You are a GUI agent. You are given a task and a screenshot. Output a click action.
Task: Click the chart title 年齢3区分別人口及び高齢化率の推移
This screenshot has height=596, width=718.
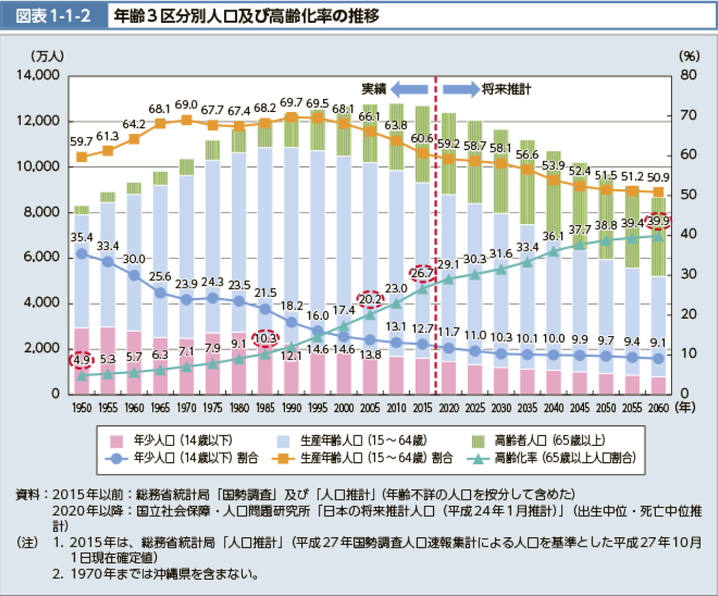click(x=246, y=16)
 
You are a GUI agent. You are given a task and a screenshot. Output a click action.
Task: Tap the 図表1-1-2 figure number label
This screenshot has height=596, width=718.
click(x=54, y=16)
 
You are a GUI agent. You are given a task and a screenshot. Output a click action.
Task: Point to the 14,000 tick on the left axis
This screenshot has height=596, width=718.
click(x=39, y=76)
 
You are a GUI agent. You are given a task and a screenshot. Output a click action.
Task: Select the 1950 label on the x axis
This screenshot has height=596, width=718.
click(x=82, y=408)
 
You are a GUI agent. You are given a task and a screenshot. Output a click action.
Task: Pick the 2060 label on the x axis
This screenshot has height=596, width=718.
click(x=659, y=408)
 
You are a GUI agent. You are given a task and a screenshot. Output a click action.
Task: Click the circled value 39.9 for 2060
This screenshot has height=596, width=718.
click(x=658, y=221)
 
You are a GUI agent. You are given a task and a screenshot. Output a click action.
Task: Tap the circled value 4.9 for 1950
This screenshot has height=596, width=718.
click(x=81, y=360)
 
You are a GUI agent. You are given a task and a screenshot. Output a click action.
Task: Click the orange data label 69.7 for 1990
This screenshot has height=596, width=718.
click(x=291, y=103)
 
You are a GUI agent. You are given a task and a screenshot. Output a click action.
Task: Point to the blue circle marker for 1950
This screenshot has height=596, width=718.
click(x=82, y=254)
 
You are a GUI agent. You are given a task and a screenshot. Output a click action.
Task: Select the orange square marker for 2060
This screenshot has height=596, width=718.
click(x=659, y=193)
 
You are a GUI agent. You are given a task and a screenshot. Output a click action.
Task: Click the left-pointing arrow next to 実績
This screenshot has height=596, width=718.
click(x=409, y=89)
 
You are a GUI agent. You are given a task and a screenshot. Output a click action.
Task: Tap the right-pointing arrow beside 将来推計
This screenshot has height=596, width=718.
click(x=461, y=89)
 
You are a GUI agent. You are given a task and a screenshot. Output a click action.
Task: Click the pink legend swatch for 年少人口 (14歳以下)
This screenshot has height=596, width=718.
click(x=116, y=441)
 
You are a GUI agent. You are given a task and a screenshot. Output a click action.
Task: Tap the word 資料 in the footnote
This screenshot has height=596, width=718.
click(x=28, y=495)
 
